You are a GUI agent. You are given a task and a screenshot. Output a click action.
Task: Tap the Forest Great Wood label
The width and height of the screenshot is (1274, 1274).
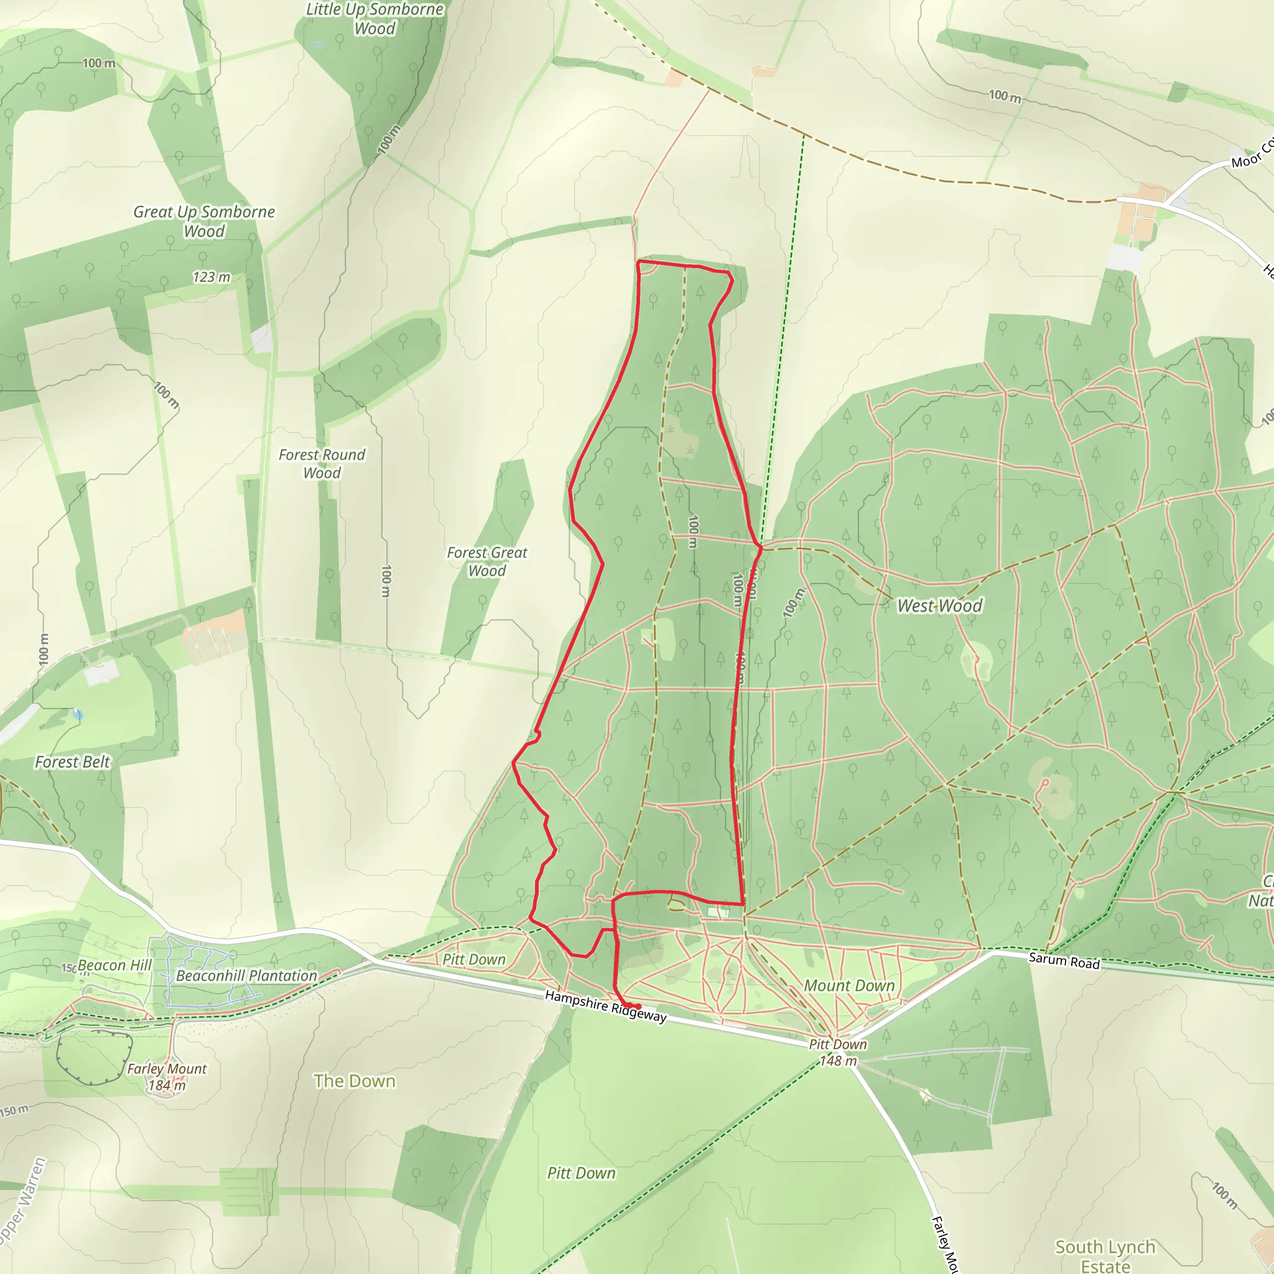[x=486, y=561]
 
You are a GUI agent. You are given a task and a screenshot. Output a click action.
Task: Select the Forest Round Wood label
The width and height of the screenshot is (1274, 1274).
[x=322, y=463]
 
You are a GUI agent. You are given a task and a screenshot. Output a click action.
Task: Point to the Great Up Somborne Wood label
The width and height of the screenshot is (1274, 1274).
[x=204, y=221]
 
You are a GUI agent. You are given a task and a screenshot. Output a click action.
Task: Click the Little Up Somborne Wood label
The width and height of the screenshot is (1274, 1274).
[x=374, y=19]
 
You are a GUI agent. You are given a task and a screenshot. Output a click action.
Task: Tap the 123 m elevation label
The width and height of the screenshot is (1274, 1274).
[x=211, y=277]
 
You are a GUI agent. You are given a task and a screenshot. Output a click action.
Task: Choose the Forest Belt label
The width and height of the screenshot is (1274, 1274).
[x=73, y=761]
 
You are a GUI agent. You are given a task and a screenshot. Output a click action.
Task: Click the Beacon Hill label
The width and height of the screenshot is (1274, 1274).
[x=114, y=965]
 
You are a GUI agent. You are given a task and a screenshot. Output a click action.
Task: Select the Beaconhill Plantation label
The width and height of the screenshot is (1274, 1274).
[x=246, y=975]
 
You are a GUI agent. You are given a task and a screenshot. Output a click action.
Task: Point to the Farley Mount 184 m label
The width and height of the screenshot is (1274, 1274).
[x=167, y=1077]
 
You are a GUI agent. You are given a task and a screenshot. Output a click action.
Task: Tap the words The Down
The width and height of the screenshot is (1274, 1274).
[x=354, y=1081]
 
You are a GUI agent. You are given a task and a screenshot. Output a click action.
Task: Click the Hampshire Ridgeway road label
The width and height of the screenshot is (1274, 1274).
[x=605, y=1007]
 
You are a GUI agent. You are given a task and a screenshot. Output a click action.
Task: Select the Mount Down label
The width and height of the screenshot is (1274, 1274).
[x=849, y=985]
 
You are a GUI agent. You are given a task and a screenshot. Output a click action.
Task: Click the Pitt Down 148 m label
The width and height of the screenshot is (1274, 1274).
[x=837, y=1053]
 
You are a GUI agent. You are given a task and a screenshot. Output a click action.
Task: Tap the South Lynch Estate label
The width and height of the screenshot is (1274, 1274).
[x=1105, y=1255]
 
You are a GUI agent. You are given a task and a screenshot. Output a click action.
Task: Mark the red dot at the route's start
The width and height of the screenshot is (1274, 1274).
[x=638, y=1007]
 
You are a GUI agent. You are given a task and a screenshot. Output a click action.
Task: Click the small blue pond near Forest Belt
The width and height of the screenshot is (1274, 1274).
[x=78, y=715]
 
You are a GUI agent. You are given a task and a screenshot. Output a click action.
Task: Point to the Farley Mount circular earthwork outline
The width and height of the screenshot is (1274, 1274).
[x=95, y=1058]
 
